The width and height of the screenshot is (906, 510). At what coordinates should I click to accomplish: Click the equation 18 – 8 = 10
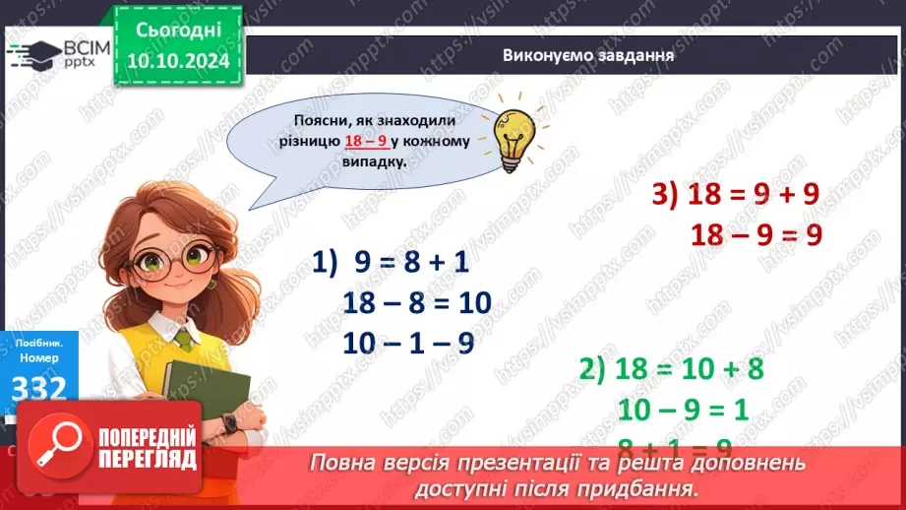[x=417, y=302]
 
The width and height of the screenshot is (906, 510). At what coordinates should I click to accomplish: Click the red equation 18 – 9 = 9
[x=755, y=234]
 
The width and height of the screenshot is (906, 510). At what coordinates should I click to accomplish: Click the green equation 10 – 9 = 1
[x=686, y=408]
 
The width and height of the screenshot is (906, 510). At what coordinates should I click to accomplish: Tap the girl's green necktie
[x=184, y=340]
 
